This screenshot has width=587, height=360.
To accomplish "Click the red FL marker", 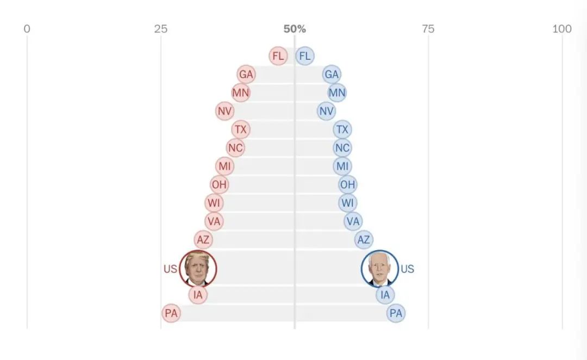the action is click(x=278, y=56).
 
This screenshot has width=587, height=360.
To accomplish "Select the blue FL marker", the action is click(x=305, y=56).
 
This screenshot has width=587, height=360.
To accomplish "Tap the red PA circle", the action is click(x=171, y=313).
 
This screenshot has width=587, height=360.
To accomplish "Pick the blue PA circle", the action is click(x=396, y=313).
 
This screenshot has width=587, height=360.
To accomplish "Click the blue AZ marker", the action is click(x=364, y=240).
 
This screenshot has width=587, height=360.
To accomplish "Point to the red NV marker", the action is click(x=224, y=111).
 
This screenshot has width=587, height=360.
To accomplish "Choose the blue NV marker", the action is click(x=326, y=111).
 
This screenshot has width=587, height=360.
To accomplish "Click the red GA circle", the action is click(x=246, y=75).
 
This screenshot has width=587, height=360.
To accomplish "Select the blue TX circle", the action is click(x=342, y=129).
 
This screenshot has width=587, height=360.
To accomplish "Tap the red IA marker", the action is click(x=198, y=295).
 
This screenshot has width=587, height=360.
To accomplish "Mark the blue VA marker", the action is click(x=353, y=221).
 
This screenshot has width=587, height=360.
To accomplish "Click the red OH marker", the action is click(x=219, y=185).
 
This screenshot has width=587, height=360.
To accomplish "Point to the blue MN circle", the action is click(x=337, y=93).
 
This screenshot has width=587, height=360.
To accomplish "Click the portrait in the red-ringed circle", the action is click(x=198, y=269).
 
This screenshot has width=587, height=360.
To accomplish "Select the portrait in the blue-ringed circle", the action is click(x=379, y=269).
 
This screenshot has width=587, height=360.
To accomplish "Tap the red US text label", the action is click(x=170, y=269).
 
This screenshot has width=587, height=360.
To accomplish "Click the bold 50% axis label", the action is click(x=295, y=29).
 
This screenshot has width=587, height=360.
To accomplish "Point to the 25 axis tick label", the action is click(x=160, y=29).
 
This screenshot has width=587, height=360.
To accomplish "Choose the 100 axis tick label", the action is click(x=562, y=29).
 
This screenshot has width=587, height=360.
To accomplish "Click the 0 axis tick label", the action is click(x=27, y=29).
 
